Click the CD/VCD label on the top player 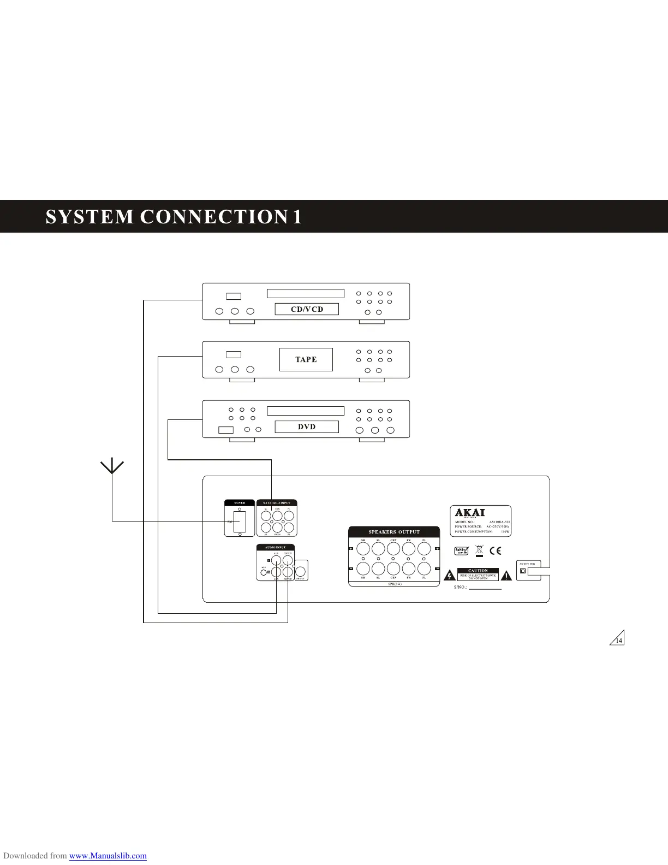[x=307, y=309]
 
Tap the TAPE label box [x=306, y=359]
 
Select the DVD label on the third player [x=307, y=426]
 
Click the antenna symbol [x=112, y=467]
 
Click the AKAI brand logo [x=470, y=513]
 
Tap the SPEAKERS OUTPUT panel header [x=394, y=532]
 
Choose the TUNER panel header [x=240, y=503]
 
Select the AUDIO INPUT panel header [x=276, y=547]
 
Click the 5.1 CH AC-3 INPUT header [x=277, y=503]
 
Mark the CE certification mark [x=496, y=551]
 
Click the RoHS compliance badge [x=462, y=551]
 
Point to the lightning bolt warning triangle [x=449, y=575]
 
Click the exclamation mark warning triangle [x=506, y=575]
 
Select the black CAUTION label [x=478, y=571]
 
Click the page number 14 [x=618, y=641]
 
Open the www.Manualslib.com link [x=108, y=856]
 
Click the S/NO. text [x=461, y=588]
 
